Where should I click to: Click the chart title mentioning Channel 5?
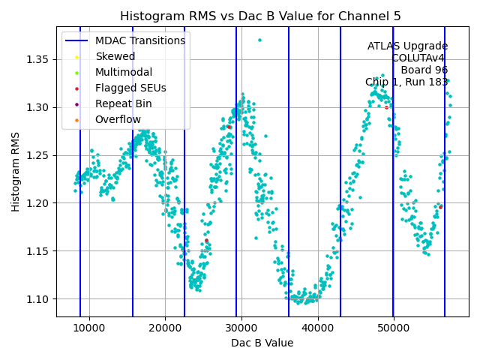(x=260, y=16)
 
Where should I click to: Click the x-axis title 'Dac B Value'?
(x=262, y=343)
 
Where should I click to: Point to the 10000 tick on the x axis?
(x=89, y=327)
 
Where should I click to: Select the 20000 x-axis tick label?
(x=166, y=327)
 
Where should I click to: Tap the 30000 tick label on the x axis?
(x=241, y=327)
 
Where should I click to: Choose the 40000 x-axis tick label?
(x=318, y=327)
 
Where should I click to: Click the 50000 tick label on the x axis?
(x=394, y=327)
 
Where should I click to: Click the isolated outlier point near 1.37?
(x=259, y=40)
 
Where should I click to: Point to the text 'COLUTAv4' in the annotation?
(x=419, y=58)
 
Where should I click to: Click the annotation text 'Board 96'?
(x=424, y=70)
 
